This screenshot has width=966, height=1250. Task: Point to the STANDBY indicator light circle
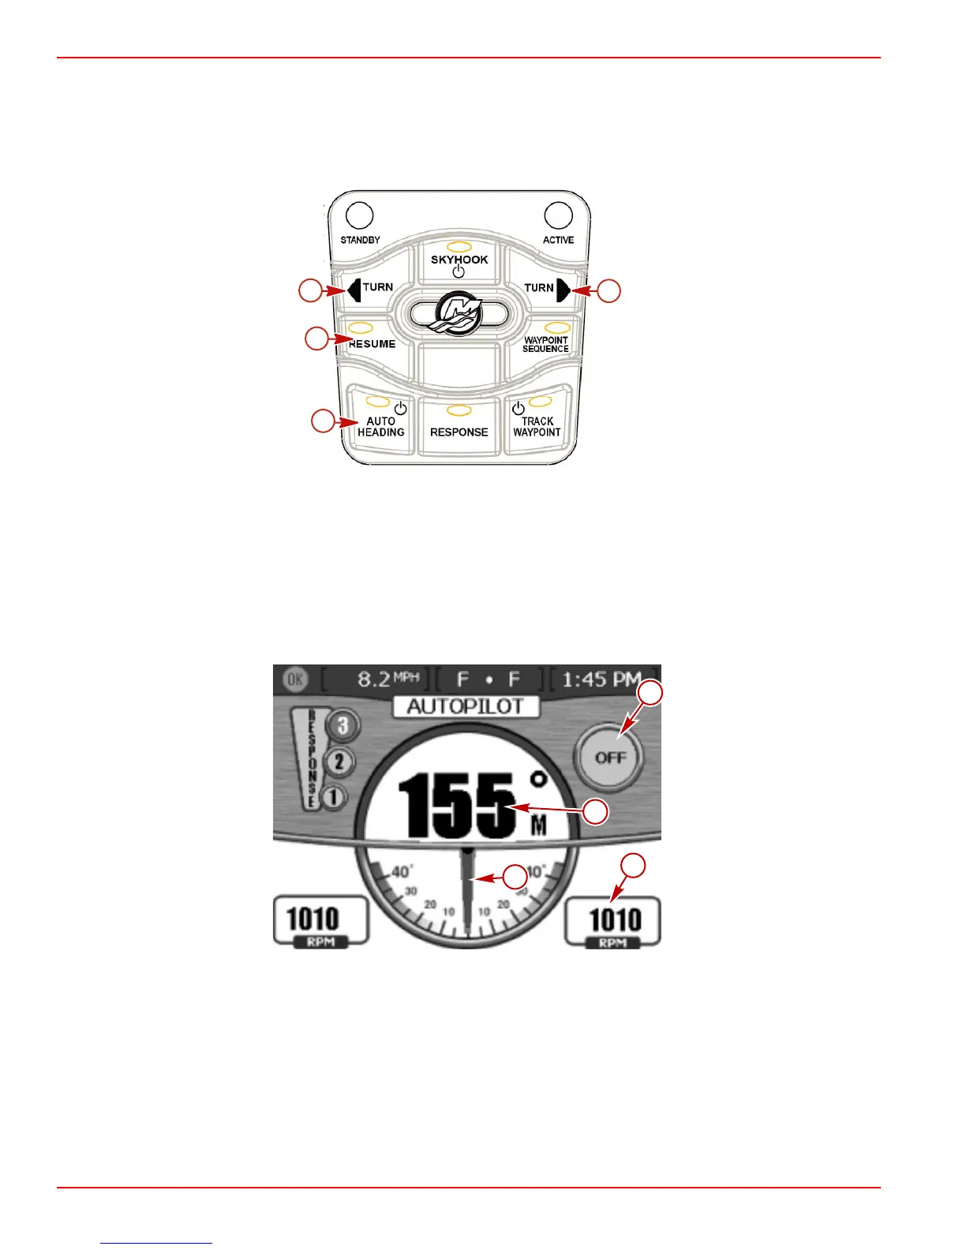pyautogui.click(x=360, y=215)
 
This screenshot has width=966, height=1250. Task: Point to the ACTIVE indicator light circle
pyautogui.click(x=559, y=215)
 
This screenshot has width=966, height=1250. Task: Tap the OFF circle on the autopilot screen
pyautogui.click(x=609, y=757)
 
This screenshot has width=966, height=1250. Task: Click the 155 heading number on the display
pyautogui.click(x=456, y=806)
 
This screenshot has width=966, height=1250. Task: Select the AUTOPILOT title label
pyautogui.click(x=466, y=706)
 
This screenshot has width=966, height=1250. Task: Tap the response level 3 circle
pyautogui.click(x=343, y=725)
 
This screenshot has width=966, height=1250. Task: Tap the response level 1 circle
pyautogui.click(x=334, y=797)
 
